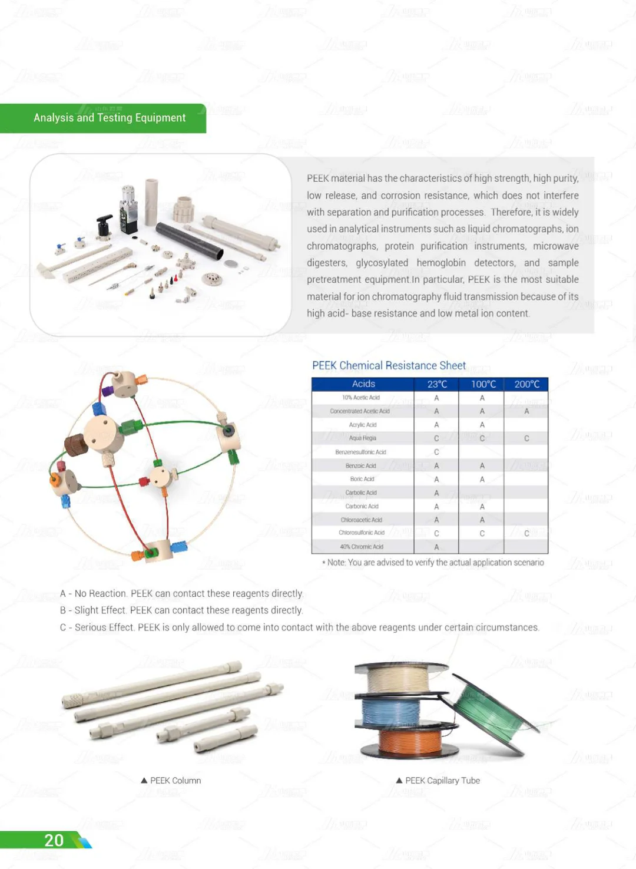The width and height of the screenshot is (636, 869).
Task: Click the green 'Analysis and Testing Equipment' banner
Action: (x=109, y=118)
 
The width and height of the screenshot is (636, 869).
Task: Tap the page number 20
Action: (x=54, y=840)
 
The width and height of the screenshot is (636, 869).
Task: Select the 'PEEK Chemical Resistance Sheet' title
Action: (x=389, y=365)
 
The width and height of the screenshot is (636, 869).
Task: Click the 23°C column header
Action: (x=437, y=384)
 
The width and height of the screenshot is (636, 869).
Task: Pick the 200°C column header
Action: (x=526, y=384)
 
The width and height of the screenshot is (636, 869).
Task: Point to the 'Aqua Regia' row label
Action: (x=362, y=438)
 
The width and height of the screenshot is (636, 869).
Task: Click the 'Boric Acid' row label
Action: (x=362, y=479)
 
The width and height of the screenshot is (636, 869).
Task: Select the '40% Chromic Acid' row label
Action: (x=362, y=547)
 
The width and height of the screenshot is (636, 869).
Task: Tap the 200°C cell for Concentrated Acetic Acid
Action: (x=526, y=411)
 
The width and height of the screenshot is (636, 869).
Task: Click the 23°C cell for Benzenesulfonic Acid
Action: (x=436, y=452)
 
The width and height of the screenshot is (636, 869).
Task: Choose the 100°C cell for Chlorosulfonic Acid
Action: (x=482, y=533)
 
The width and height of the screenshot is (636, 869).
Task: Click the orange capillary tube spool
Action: (x=409, y=741)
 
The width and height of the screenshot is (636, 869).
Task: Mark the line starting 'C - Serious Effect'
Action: (x=299, y=627)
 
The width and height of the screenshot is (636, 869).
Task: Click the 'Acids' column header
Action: (x=363, y=384)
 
